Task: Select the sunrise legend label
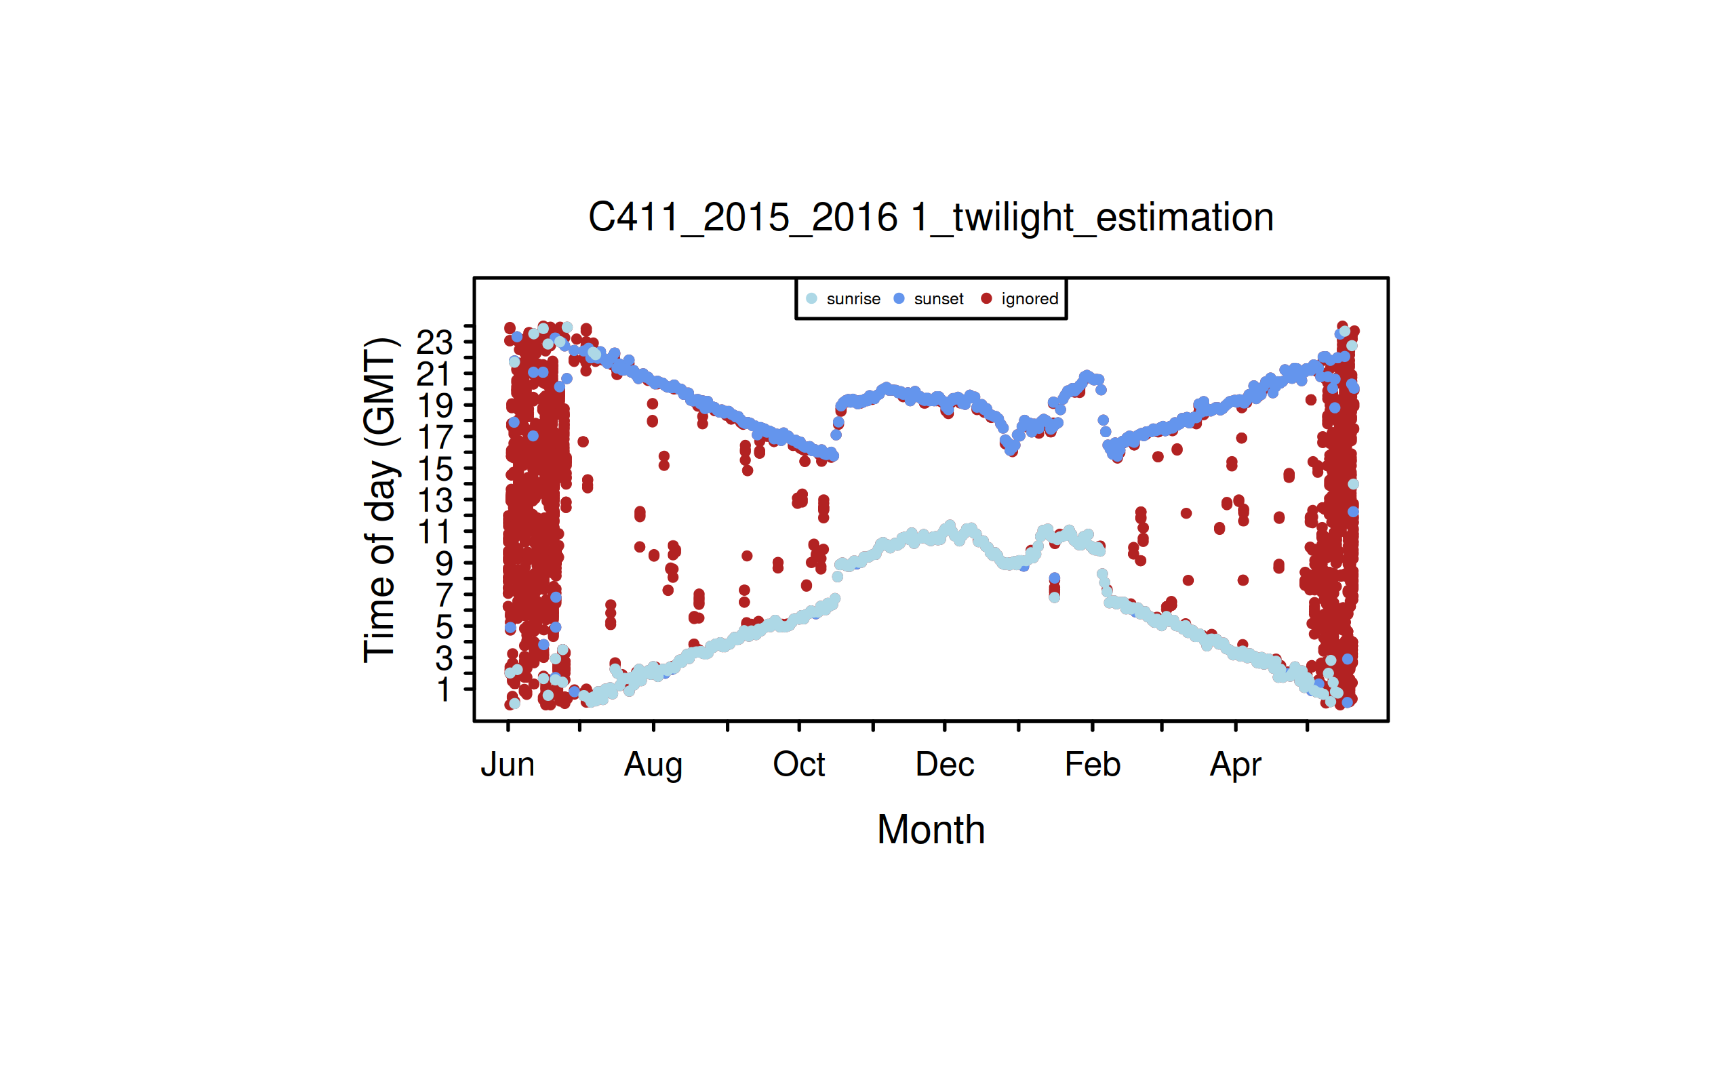click(x=853, y=299)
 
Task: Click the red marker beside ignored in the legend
click(x=986, y=299)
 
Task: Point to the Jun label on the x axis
click(x=507, y=764)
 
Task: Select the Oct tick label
click(x=799, y=764)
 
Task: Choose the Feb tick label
click(x=1092, y=764)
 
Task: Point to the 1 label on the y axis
click(x=444, y=689)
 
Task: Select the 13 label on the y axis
click(x=435, y=501)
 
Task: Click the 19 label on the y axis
click(x=435, y=407)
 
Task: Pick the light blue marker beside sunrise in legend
click(x=812, y=299)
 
